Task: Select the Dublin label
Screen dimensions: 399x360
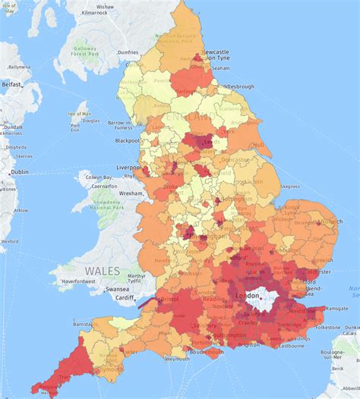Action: [19, 172]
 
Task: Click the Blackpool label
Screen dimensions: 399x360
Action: [127, 140]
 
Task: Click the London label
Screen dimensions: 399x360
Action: [248, 296]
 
